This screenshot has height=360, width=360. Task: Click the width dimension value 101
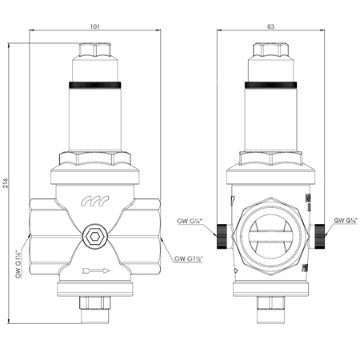[95, 26]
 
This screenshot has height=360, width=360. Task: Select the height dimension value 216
[8, 179]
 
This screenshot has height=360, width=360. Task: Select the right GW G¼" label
[345, 219]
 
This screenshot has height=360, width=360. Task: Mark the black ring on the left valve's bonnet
[95, 84]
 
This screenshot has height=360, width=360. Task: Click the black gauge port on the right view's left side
[218, 234]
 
